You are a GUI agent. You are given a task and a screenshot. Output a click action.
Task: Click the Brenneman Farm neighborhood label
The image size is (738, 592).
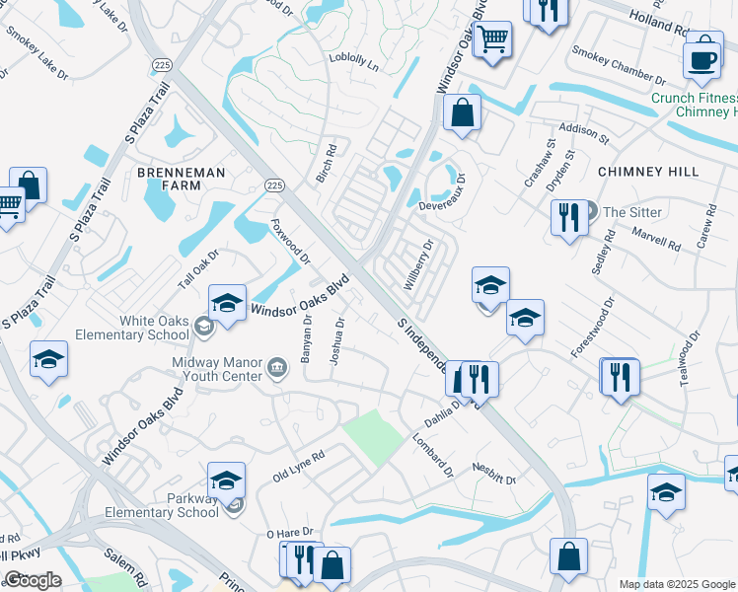coord(181,179)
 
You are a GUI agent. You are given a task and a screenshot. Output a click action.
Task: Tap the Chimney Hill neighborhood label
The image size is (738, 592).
coord(648,172)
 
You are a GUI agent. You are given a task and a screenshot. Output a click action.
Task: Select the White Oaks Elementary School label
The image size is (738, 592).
coord(154,328)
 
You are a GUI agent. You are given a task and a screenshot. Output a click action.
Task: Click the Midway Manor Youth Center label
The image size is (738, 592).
coord(216,370)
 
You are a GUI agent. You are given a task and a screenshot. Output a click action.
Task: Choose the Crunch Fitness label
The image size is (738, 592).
coord(694,99)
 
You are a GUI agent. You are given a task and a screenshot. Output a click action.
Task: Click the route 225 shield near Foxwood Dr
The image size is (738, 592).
coord(275,185)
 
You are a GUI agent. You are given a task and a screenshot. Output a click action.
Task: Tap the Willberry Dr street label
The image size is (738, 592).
coord(418,264)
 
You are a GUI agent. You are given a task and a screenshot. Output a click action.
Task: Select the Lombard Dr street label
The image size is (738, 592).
coord(432,454)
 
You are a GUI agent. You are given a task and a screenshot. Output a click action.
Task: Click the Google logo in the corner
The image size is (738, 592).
coord(33,580)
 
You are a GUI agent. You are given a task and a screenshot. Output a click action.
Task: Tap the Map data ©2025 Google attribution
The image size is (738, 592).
coord(677,584)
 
